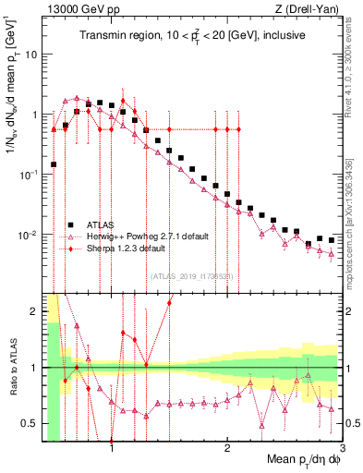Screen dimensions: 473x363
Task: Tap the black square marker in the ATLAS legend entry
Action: (x=70, y=224)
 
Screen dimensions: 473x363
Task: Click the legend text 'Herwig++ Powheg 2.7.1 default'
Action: (x=147, y=236)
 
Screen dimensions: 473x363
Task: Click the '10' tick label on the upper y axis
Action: (x=31, y=55)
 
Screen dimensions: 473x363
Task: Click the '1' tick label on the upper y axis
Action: (x=34, y=115)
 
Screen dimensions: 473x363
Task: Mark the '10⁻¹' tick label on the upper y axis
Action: (x=29, y=174)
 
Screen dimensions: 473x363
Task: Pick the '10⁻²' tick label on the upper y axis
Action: (x=29, y=235)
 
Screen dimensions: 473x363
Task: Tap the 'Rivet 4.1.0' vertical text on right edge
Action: (x=354, y=55)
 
